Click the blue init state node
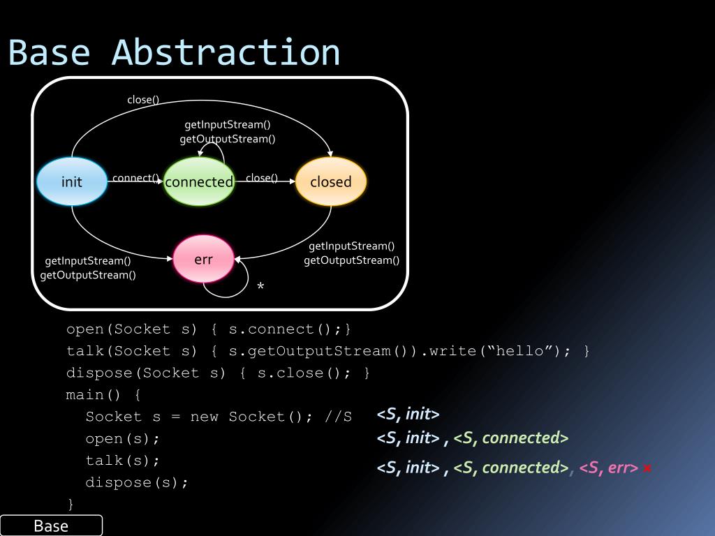point(72,182)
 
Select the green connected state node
point(199,182)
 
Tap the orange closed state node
point(331,182)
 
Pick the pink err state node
point(203,260)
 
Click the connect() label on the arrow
point(135,178)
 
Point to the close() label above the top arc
point(143,100)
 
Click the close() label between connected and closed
point(261,178)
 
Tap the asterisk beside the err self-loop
point(260,287)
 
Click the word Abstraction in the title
point(226,53)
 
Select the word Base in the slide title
point(49,53)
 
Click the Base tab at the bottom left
point(51,526)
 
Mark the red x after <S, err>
point(647,468)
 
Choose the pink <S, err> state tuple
point(608,468)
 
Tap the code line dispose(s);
point(137,482)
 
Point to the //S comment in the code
point(339,417)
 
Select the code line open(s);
point(123,439)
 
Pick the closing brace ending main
point(70,504)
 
